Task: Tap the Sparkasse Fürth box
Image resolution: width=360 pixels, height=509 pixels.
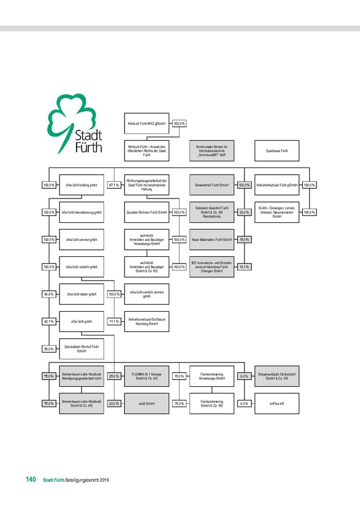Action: point(277,151)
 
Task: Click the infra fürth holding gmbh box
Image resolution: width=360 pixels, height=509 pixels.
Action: point(82,185)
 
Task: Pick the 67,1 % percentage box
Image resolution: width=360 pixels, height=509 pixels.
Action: point(114,185)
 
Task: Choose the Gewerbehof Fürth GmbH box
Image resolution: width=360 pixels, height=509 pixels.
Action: point(212,185)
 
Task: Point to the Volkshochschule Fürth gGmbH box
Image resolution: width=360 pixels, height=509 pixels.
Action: point(277,185)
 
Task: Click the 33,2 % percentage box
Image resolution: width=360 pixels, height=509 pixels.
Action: point(244,213)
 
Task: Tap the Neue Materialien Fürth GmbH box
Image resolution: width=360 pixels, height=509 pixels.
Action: point(212,240)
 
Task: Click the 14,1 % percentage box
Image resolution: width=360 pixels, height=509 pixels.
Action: point(244,267)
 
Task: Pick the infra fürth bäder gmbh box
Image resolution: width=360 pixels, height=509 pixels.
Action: point(82,294)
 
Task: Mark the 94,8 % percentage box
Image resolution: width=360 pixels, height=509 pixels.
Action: point(49,294)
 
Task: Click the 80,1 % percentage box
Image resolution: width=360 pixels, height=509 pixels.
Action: point(49,322)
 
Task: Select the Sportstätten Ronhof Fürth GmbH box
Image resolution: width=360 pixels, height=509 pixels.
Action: point(82,349)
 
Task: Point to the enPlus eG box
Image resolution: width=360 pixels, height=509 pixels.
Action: point(277,404)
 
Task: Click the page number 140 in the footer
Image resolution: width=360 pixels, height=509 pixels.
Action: point(31,480)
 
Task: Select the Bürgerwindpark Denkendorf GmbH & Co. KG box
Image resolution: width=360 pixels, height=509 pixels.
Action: point(277,376)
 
